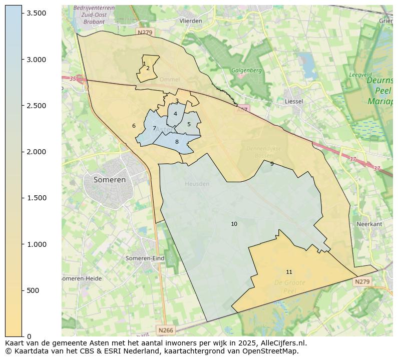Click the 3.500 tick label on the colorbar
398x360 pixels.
pyautogui.click(x=37, y=13)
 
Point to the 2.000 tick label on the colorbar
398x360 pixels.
pyautogui.click(x=37, y=152)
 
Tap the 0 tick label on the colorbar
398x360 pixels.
pyautogui.click(x=29, y=336)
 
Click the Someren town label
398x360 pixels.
pyautogui.click(x=110, y=180)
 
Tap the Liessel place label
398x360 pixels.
pyautogui.click(x=293, y=101)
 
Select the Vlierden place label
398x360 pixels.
pyautogui.click(x=191, y=21)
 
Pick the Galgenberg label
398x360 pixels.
pyautogui.click(x=246, y=71)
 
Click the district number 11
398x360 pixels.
pyautogui.click(x=289, y=272)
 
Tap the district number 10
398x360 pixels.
pyautogui.click(x=234, y=224)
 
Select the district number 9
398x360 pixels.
pyautogui.click(x=272, y=164)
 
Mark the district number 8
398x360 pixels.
pyautogui.click(x=177, y=142)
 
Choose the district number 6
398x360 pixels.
pyautogui.click(x=134, y=126)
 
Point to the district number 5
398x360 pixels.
pyautogui.click(x=189, y=125)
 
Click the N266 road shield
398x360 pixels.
pyautogui.click(x=165, y=330)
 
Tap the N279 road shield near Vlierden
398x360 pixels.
pyautogui.click(x=144, y=33)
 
